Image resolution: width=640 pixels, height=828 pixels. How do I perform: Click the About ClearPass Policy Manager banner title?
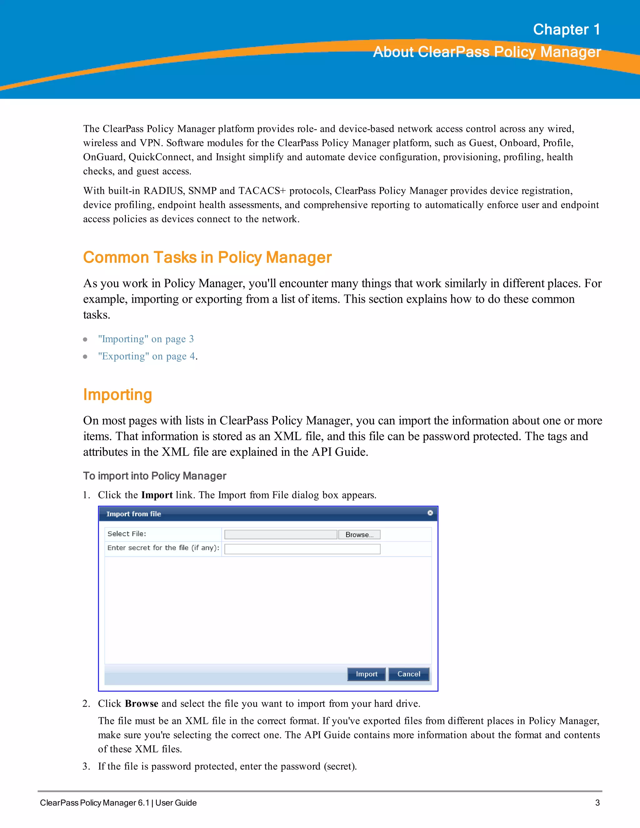487,52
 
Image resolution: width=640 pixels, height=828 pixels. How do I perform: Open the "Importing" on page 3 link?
146,339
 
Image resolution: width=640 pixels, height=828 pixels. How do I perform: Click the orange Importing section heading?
117,395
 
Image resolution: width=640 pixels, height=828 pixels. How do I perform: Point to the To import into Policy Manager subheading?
154,476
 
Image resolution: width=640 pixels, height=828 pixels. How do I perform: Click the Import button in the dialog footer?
366,674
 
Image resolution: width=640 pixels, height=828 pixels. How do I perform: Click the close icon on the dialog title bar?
430,513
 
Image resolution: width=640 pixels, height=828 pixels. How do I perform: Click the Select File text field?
281,535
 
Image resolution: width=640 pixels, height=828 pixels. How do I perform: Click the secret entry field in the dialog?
302,549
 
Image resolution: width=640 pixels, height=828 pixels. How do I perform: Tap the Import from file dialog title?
133,514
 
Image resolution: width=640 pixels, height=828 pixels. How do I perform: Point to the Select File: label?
127,534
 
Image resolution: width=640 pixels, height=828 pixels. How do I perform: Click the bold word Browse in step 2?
142,704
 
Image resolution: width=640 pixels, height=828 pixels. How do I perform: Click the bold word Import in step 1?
157,495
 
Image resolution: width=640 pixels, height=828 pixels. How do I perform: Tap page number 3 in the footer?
597,803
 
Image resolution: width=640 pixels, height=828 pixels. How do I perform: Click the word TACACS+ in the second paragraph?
262,191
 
